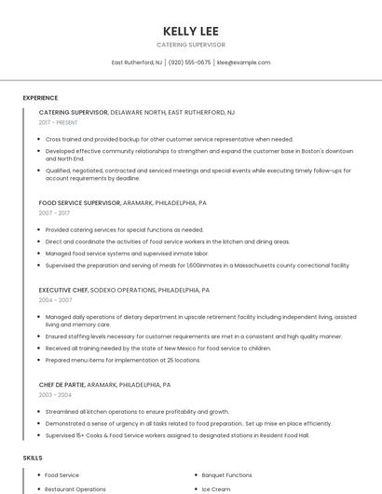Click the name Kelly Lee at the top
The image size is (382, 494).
pos(190,30)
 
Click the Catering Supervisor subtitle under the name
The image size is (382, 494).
pos(190,45)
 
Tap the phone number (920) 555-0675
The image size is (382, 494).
pos(190,62)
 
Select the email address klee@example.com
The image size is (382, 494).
pos(243,62)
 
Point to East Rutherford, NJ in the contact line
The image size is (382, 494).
pos(137,62)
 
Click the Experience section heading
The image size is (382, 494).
pos(40,98)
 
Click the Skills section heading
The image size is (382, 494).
pos(33,458)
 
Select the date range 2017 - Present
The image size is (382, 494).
pos(59,122)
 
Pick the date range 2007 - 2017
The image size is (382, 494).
pos(54,213)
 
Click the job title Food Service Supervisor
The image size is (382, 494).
pos(79,202)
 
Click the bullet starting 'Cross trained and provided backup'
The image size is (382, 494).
pos(156,139)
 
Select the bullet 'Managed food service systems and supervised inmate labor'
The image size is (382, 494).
pos(126,253)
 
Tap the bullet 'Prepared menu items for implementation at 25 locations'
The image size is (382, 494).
pos(122,359)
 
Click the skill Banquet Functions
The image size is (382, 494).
pos(227,474)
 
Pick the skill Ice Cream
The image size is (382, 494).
pos(216,488)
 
